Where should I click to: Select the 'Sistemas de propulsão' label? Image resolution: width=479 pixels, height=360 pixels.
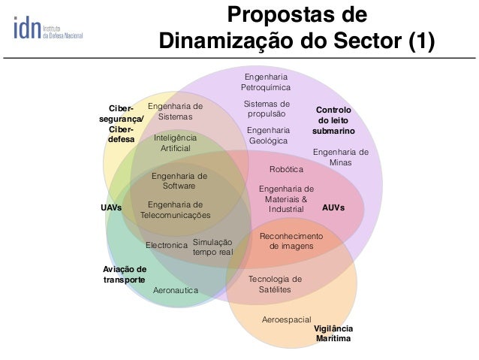[267, 109]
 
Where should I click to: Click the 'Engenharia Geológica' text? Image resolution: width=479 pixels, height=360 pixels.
[267, 135]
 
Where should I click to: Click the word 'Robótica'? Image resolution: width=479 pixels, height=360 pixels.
[286, 170]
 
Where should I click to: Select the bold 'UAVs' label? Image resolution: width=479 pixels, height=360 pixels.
[111, 206]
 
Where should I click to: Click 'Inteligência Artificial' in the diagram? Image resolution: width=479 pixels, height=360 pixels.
[175, 144]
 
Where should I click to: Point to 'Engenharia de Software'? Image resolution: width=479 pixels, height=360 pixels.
[179, 180]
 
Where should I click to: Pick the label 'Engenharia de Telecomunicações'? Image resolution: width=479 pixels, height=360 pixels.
[176, 210]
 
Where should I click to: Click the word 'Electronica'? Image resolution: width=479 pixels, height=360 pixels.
[166, 245]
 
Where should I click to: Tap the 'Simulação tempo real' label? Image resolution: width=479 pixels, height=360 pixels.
[212, 247]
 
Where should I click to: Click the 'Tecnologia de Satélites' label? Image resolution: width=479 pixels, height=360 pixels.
[274, 284]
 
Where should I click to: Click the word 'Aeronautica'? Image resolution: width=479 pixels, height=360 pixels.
[175, 289]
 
